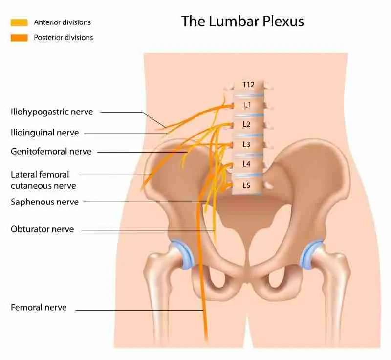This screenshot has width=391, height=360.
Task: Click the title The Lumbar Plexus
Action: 242,21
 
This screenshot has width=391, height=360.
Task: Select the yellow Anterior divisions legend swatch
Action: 19,22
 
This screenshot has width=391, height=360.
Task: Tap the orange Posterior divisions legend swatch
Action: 19,38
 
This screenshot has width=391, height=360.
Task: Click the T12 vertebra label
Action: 248,85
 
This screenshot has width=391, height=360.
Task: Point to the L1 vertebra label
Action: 247,105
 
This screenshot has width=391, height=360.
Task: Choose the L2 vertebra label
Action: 246,124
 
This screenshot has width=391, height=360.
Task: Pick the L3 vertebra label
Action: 246,144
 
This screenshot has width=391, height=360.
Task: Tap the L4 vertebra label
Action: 246,164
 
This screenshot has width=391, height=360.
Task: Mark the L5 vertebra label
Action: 246,185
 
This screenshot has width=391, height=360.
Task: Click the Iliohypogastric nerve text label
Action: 52,112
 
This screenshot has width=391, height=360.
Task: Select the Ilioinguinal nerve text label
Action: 45,133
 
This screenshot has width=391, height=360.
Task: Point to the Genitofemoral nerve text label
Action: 51,152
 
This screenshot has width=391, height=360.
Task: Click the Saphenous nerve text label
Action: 44,202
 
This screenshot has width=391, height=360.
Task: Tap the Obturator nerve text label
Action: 43,229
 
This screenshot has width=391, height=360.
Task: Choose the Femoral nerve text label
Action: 39,307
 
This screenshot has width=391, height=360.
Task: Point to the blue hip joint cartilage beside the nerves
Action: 183,254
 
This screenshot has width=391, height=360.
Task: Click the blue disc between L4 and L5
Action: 247,175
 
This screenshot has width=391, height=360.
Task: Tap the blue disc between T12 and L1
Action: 248,95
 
